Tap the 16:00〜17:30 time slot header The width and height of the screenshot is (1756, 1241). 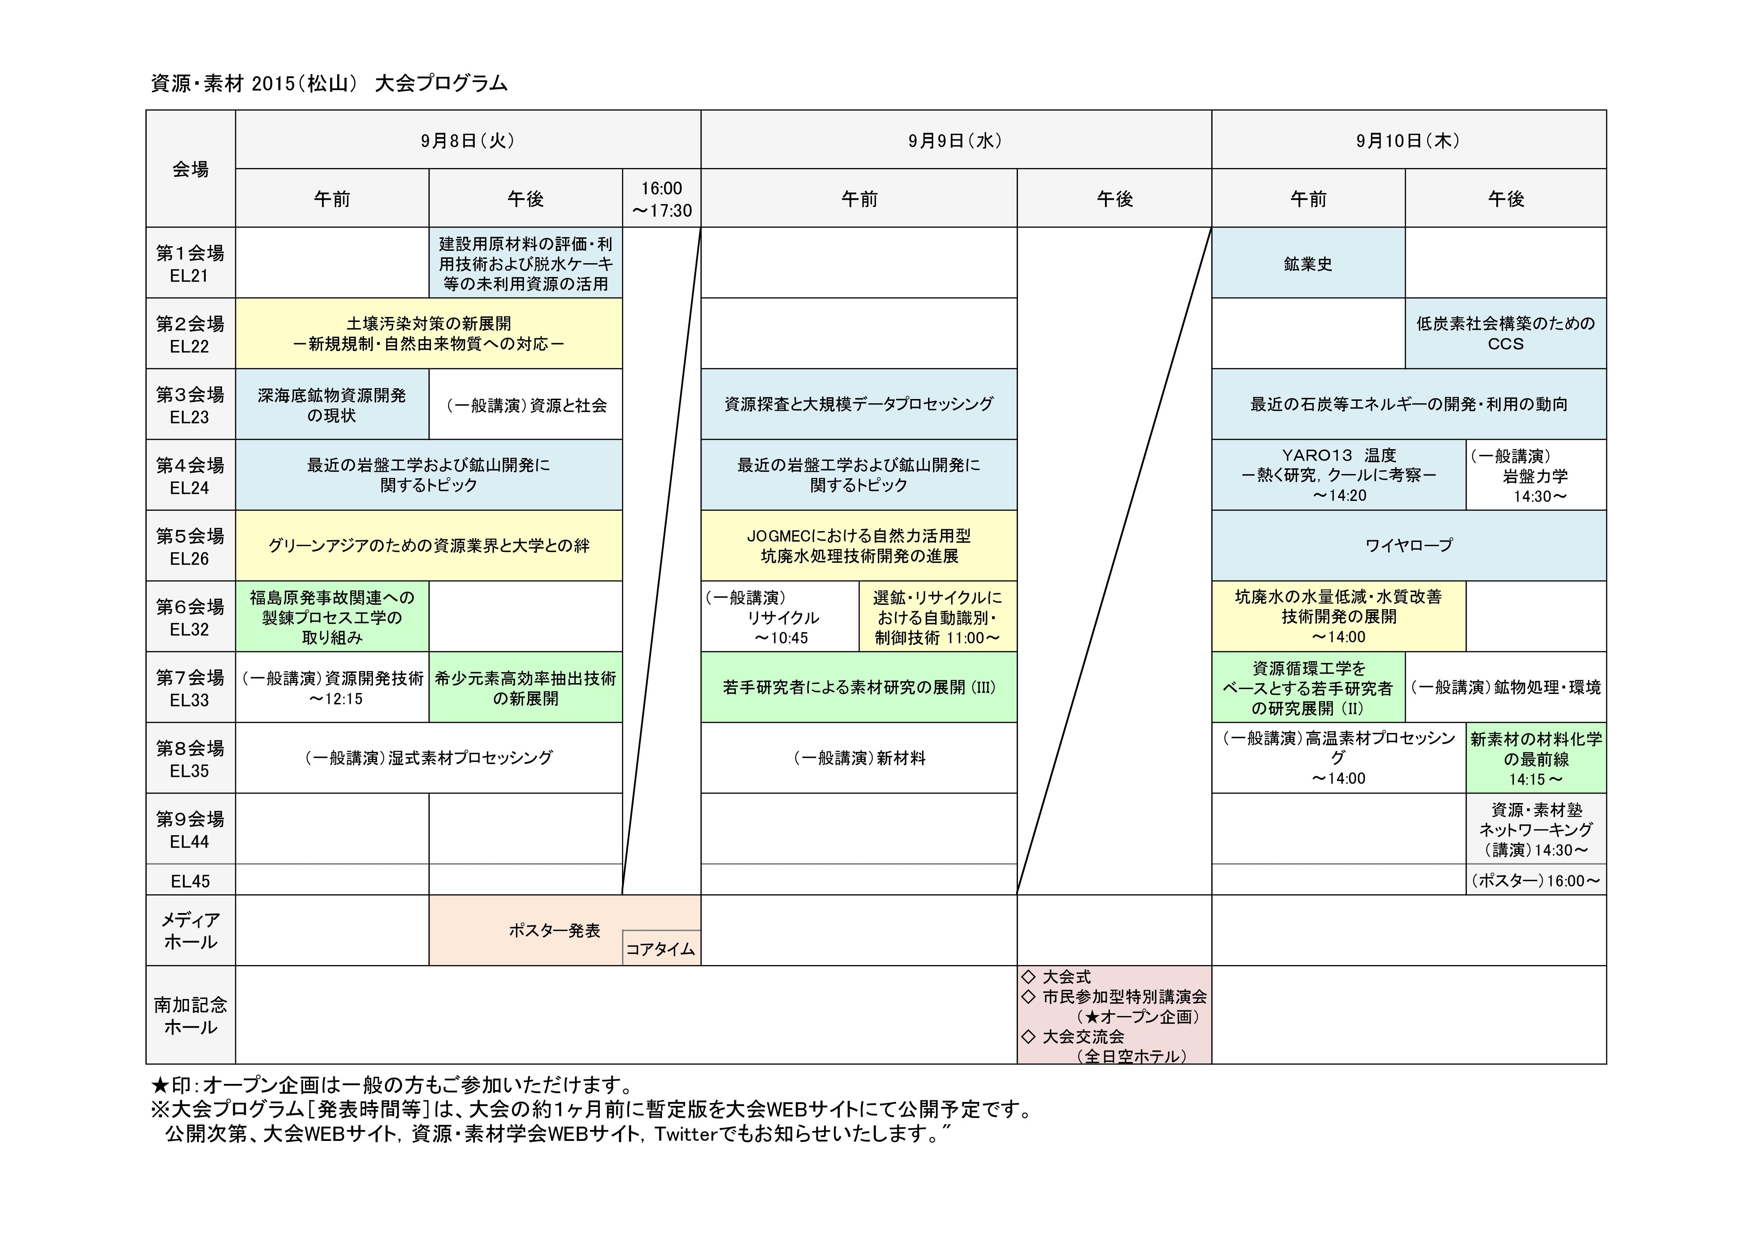662,199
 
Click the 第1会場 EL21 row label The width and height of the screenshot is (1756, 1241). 190,263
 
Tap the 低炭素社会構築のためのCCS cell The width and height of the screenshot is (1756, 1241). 1505,333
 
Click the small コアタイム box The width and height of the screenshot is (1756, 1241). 661,949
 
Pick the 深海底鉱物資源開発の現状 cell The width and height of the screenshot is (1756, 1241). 332,404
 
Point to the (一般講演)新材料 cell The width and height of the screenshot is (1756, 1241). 859,758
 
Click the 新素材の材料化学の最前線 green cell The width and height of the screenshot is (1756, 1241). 1536,758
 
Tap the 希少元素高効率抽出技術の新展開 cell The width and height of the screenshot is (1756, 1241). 525,687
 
